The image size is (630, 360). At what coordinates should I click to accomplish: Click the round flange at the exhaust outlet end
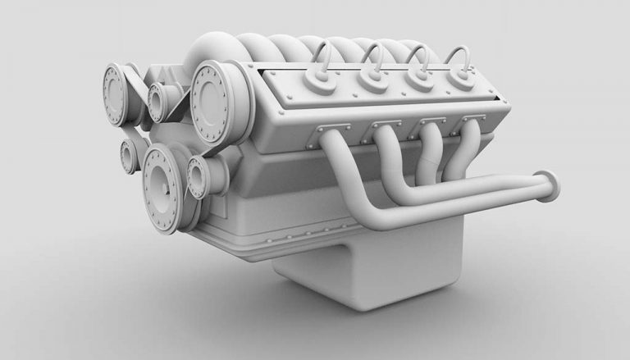(x=546, y=185)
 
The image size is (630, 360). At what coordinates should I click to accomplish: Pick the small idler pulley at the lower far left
(x=129, y=155)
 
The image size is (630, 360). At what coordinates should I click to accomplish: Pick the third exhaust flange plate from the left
(x=431, y=122)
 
